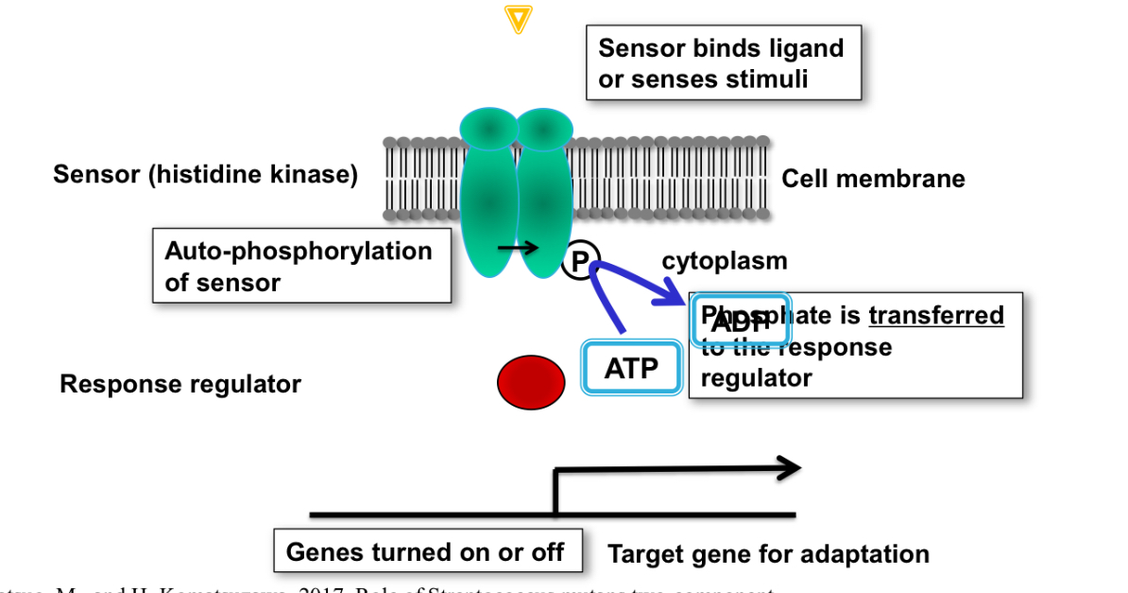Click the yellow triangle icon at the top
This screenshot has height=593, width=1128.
click(518, 19)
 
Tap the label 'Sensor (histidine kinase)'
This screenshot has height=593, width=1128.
click(205, 175)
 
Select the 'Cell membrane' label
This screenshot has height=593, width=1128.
click(873, 179)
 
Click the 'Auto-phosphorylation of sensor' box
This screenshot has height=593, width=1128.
click(301, 267)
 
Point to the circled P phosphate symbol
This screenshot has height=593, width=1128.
click(581, 260)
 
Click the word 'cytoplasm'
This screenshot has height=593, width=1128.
click(724, 261)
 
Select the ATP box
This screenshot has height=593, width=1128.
click(631, 367)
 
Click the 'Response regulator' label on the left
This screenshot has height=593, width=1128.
click(180, 384)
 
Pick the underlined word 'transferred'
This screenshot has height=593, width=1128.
click(935, 315)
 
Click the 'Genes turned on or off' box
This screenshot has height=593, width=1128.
click(425, 551)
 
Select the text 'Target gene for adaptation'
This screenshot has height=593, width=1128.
click(768, 554)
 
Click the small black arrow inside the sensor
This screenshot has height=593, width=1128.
click(518, 248)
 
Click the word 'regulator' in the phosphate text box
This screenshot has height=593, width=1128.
click(756, 378)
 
